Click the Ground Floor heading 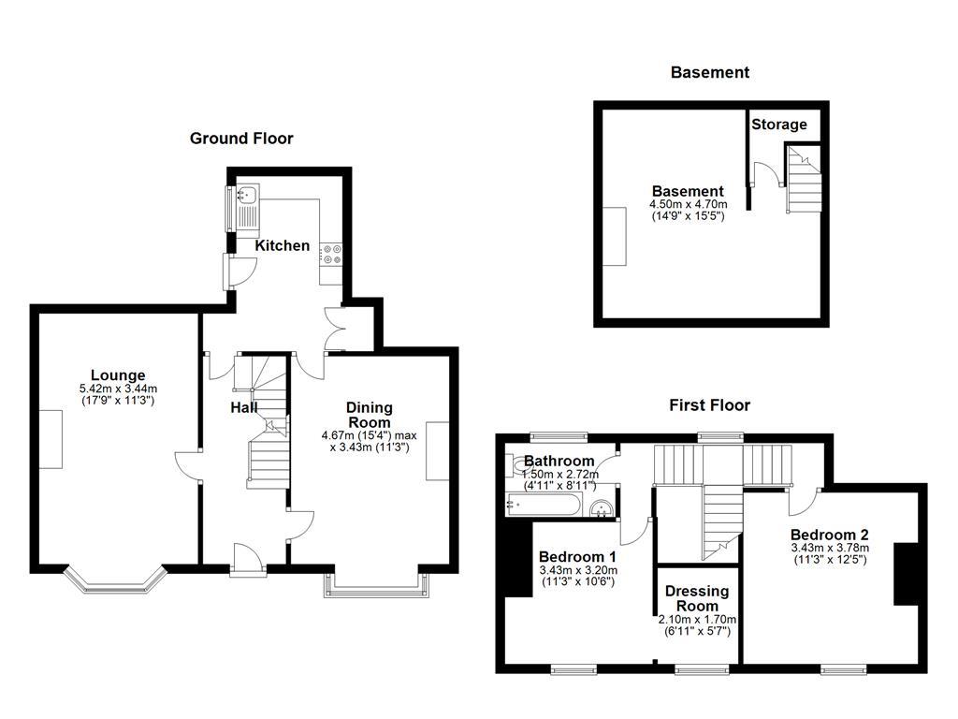click(241, 139)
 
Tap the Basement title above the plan click(709, 72)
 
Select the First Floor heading click(709, 405)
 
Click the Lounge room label click(118, 376)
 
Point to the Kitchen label click(283, 245)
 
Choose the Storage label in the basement click(778, 125)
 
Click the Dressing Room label click(697, 599)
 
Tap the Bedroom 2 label click(830, 536)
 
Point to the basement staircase click(803, 181)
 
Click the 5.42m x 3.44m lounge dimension click(118, 389)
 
